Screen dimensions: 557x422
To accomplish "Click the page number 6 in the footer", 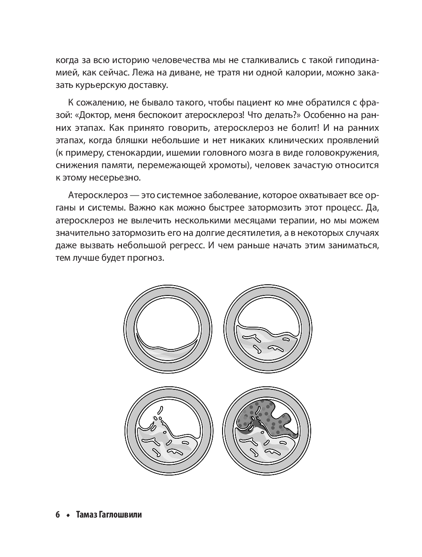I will coord(57,515).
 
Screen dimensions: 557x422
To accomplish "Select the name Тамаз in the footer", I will coord(87,515).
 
